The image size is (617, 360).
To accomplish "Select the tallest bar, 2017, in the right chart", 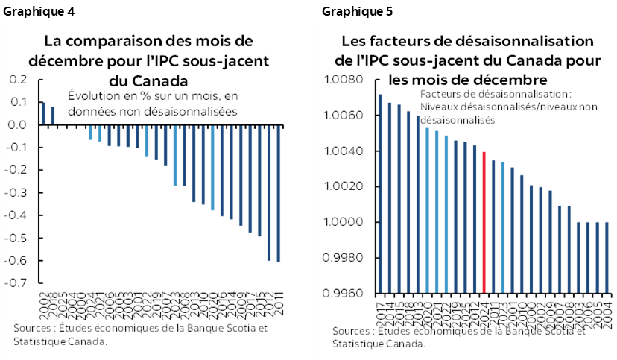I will (x=380, y=194).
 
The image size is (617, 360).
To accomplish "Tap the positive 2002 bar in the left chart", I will (x=43, y=113).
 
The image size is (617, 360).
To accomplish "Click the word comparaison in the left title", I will (x=111, y=40).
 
